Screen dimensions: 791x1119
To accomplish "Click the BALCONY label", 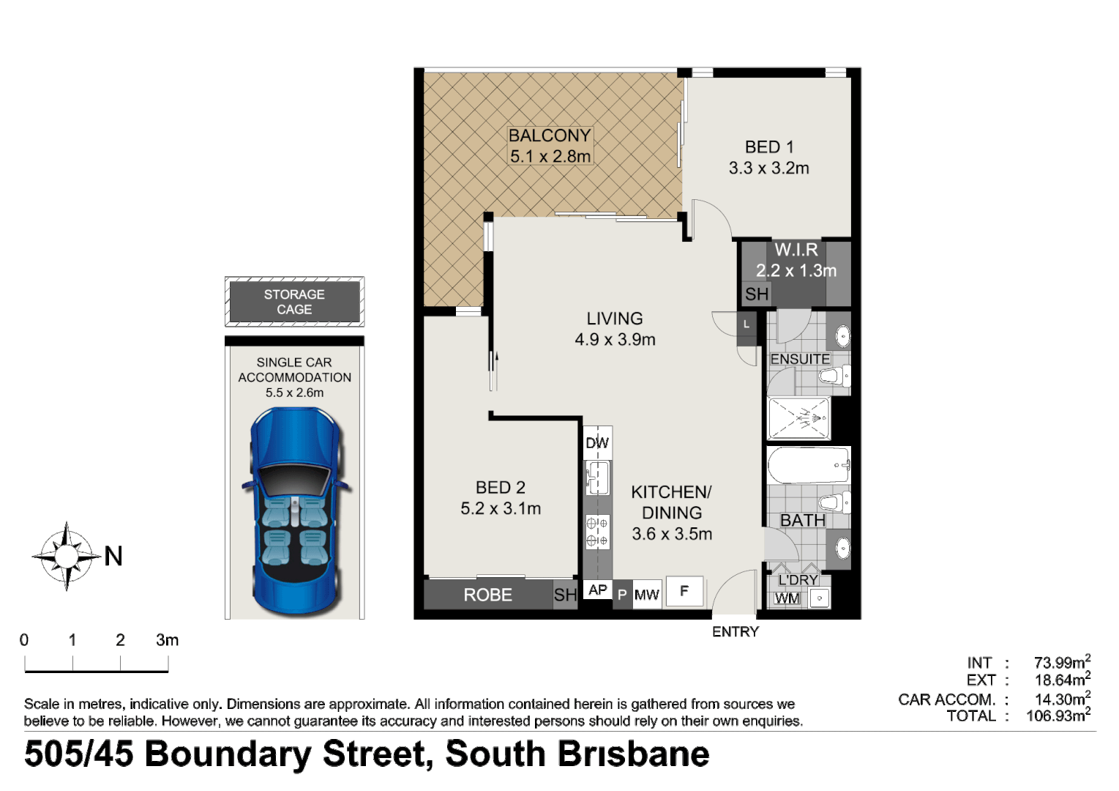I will (x=549, y=135).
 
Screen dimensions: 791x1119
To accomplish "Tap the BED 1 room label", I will (x=768, y=147).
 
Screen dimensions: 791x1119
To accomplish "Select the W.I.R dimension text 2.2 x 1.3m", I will (x=796, y=271).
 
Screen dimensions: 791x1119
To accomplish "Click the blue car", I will (x=295, y=513).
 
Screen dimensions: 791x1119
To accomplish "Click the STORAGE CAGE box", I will (x=294, y=302).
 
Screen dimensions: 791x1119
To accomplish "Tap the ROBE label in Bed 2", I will (x=487, y=595).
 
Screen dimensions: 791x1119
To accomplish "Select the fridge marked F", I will (x=684, y=591).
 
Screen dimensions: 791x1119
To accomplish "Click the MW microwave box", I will (x=647, y=595).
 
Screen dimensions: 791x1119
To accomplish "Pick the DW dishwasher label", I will (x=597, y=443).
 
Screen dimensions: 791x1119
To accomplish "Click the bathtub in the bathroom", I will (x=808, y=465).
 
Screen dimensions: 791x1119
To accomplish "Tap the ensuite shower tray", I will (x=799, y=418).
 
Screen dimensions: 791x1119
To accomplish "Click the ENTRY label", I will (x=735, y=632).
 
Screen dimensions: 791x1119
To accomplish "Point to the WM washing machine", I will (x=787, y=598).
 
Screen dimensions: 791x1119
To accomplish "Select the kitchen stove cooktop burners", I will (x=597, y=532).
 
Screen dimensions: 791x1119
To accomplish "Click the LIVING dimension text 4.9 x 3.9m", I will (x=615, y=340).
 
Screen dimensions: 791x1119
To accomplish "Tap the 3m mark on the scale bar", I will (x=168, y=641).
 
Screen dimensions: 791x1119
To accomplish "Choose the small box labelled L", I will (x=746, y=324).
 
